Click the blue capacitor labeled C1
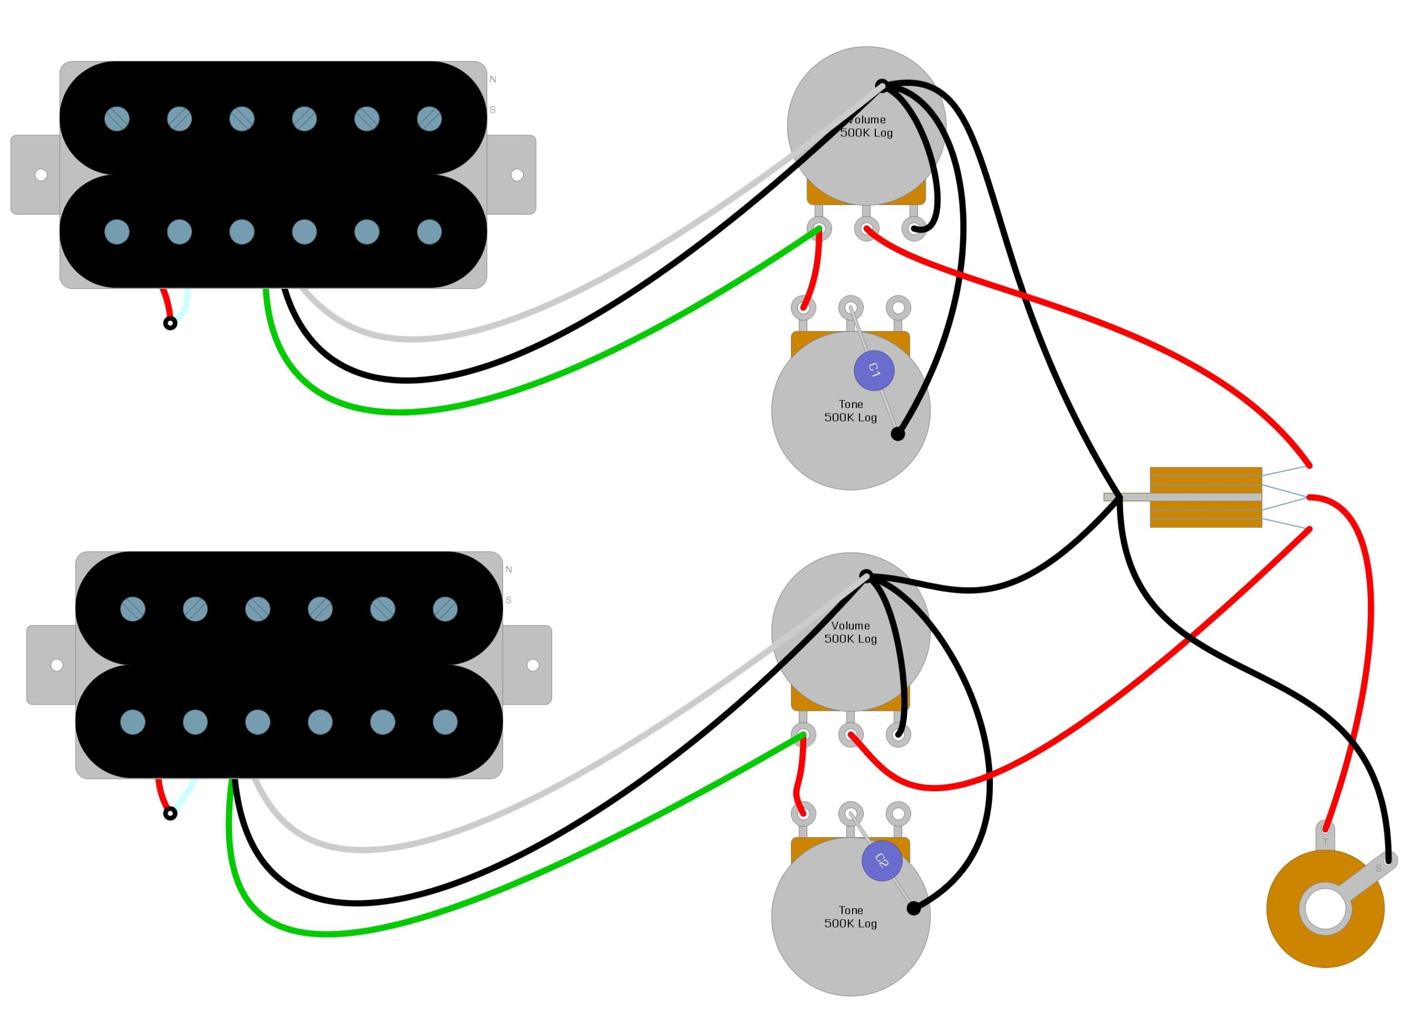[x=874, y=370]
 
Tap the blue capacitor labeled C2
[x=881, y=860]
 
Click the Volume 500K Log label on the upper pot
[x=866, y=126]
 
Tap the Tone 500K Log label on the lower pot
[x=850, y=916]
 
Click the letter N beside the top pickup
[x=493, y=79]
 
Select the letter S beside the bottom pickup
[x=509, y=600]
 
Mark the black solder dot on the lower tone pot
[x=914, y=908]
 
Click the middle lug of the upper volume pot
[x=866, y=228]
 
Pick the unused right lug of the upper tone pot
[x=898, y=307]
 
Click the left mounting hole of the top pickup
[x=41, y=175]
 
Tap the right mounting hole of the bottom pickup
[x=533, y=665]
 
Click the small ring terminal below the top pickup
[x=170, y=323]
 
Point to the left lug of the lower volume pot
[x=803, y=734]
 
